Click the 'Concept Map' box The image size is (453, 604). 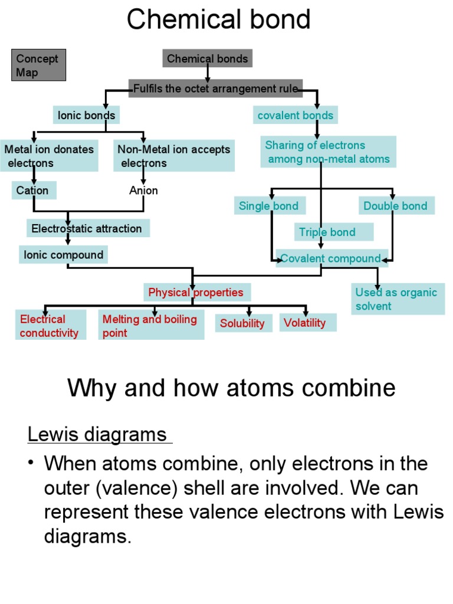[38, 65]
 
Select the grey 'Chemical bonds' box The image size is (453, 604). [208, 58]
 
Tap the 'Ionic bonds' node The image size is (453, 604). [86, 115]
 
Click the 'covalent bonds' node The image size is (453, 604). [296, 115]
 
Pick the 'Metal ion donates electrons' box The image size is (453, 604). [50, 156]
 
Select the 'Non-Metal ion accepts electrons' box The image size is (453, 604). [174, 156]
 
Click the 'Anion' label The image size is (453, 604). [143, 191]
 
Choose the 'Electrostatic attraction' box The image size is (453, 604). [87, 228]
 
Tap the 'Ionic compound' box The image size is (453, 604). [64, 255]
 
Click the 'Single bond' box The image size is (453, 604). [269, 206]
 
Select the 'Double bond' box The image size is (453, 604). [396, 206]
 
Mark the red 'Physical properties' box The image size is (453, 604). [196, 292]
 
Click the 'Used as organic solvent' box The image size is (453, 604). [398, 299]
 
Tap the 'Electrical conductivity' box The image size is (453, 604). [50, 326]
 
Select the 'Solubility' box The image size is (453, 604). [243, 323]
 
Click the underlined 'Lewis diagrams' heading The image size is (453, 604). [98, 435]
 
